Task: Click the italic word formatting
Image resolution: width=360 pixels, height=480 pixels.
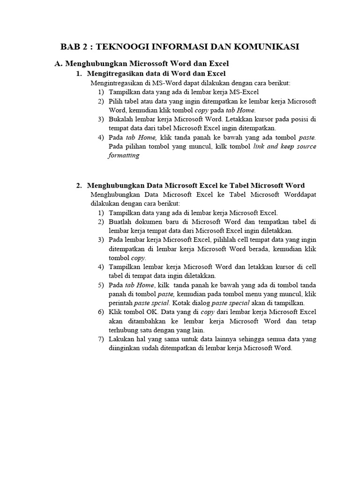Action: point(124,155)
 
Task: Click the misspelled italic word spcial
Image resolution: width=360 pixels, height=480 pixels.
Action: point(159,303)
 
